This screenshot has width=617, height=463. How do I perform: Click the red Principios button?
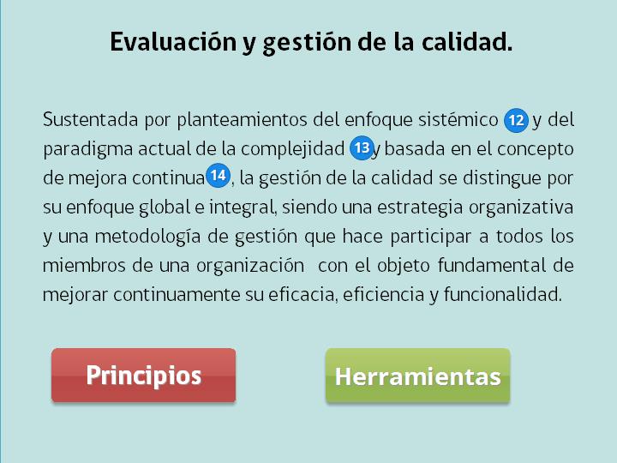(x=144, y=376)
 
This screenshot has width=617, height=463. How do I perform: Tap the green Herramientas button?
(x=418, y=376)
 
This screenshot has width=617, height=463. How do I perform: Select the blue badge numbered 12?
(x=516, y=121)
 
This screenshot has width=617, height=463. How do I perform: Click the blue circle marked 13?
(x=362, y=148)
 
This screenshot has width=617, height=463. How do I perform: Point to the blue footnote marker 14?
(x=218, y=176)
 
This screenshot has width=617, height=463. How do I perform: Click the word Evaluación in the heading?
(x=173, y=42)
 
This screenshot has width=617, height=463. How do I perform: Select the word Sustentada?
(x=91, y=119)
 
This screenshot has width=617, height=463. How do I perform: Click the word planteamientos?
(x=242, y=120)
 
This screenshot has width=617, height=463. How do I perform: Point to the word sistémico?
(x=458, y=119)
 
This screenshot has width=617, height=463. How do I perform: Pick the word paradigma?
(x=87, y=150)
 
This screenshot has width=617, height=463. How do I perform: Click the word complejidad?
(x=293, y=149)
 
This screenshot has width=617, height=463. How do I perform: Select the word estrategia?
(x=420, y=207)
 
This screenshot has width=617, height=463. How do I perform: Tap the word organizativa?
(x=521, y=207)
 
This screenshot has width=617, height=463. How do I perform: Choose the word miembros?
(x=84, y=265)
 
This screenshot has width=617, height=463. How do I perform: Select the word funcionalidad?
(x=503, y=294)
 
